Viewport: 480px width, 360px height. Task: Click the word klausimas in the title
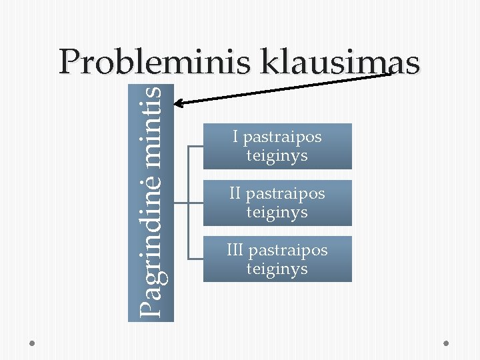pos(341,63)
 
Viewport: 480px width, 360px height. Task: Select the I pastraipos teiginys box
pos(277,146)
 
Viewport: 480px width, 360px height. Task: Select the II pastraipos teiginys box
pos(277,203)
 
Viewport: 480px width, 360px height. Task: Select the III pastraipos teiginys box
pos(277,259)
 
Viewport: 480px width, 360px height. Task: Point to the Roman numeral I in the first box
pos(235,137)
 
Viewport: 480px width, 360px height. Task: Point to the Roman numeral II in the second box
pos(235,194)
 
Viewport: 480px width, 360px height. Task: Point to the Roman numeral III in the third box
pos(235,250)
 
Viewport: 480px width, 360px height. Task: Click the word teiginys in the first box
pos(277,156)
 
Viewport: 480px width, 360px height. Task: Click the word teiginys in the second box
pos(277,213)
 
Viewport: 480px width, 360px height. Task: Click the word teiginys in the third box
pos(277,269)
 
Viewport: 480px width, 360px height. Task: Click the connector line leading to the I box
pos(196,146)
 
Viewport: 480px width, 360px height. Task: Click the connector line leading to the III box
pos(196,258)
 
